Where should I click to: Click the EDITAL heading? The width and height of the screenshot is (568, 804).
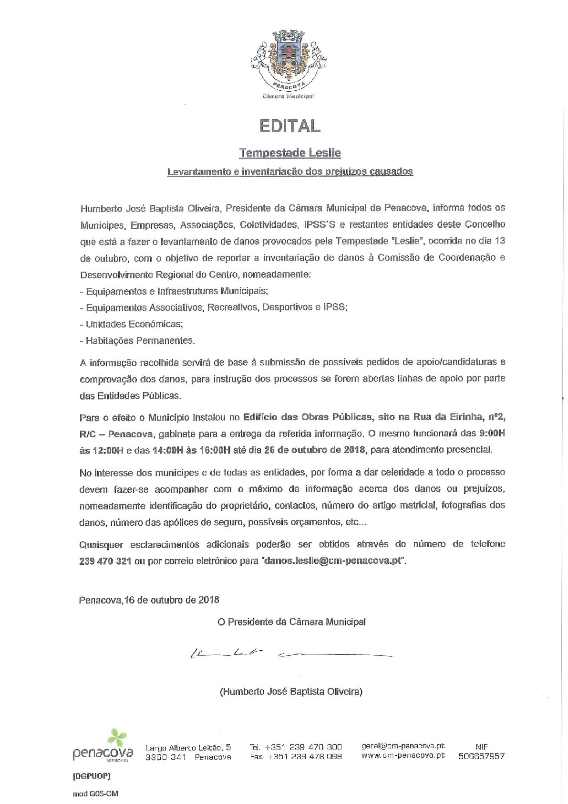coord(289,126)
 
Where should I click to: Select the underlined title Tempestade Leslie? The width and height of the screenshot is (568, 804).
coord(289,153)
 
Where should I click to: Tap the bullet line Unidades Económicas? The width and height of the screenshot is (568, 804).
coord(131,324)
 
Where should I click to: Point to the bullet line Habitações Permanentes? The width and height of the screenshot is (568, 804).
coord(137,341)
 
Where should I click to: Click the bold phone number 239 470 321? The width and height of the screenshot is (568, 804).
coord(105,561)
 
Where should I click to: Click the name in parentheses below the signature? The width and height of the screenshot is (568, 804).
coord(291,691)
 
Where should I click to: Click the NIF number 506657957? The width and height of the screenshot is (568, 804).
coord(481,757)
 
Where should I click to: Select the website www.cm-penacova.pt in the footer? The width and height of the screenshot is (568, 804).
coord(403,756)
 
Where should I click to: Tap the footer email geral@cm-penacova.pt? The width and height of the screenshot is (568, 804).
coord(403,746)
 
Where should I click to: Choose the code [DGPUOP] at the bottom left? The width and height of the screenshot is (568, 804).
coord(92,776)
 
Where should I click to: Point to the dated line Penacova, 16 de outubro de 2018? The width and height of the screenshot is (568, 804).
coord(149,600)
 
